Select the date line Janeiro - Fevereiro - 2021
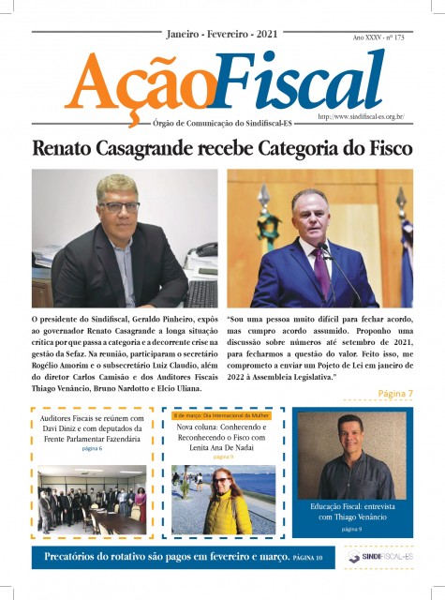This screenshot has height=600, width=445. [x=222, y=34]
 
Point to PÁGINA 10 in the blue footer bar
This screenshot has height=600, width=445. [x=307, y=559]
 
